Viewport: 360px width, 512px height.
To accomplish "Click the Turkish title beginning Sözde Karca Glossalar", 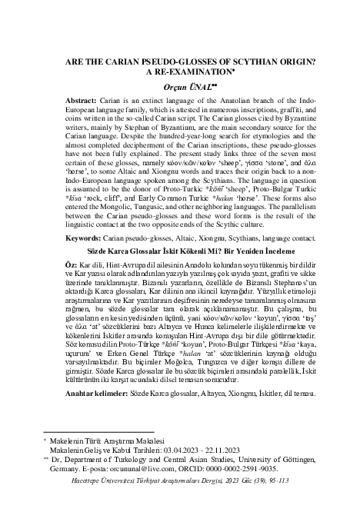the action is click(x=179, y=251).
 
